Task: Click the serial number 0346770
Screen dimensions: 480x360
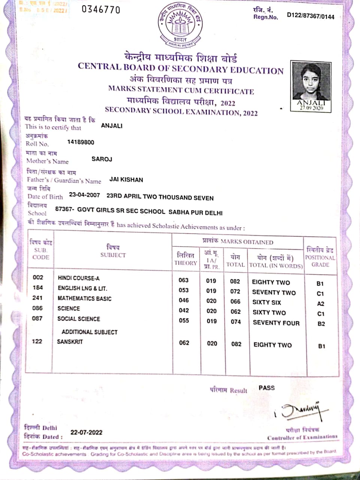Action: [x=101, y=9]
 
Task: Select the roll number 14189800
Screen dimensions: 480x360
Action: [x=81, y=142]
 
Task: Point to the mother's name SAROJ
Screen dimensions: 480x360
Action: [x=102, y=159]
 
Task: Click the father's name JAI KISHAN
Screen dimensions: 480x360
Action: [x=126, y=180]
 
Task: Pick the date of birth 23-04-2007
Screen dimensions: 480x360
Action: [x=84, y=196]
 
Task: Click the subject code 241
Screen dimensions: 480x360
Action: [x=37, y=298]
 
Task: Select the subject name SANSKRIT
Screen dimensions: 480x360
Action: [x=70, y=342]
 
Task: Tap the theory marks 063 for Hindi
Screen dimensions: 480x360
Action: [x=184, y=280]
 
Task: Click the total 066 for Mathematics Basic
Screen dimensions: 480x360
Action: [x=235, y=301]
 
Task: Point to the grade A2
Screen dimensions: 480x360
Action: [x=320, y=304]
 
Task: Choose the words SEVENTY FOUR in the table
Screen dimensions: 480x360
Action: [x=276, y=322]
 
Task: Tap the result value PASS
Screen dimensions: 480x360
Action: [x=266, y=388]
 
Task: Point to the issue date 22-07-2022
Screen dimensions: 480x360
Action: [x=86, y=432]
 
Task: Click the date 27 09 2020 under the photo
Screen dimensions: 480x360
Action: [x=311, y=108]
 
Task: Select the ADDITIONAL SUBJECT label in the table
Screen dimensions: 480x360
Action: [x=90, y=332]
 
